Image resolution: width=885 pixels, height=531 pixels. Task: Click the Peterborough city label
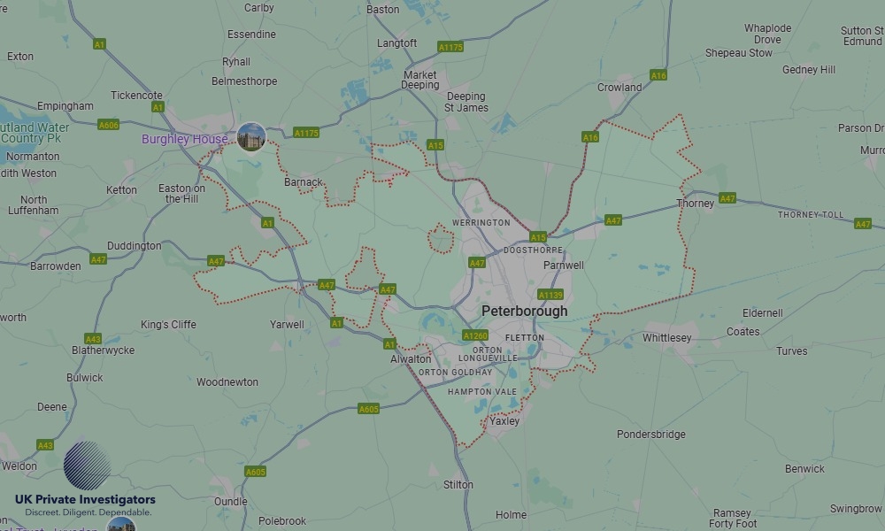point(525,312)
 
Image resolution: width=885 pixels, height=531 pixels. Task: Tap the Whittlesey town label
point(666,338)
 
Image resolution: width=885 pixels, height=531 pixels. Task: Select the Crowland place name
point(619,88)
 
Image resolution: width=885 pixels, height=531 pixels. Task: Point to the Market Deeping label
point(420,81)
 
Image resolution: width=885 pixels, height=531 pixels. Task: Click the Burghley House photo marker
point(251,137)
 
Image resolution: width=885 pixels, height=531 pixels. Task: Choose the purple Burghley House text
point(184,140)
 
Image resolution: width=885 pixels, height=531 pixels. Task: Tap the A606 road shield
point(108,125)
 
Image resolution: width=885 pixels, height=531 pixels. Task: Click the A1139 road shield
point(550,295)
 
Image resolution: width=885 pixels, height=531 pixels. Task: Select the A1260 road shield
point(475,335)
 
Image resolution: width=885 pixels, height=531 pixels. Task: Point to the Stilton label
point(458,485)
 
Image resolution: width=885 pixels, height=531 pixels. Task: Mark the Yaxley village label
point(505,421)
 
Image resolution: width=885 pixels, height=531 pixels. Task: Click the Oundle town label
point(231,501)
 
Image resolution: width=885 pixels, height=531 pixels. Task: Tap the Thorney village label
point(695,204)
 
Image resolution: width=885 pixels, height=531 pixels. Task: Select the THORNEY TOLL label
point(811,215)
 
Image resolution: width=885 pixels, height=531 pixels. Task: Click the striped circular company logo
point(87,466)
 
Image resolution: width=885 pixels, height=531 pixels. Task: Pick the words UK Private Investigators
point(85,500)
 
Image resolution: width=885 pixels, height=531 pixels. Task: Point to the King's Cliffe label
point(168,325)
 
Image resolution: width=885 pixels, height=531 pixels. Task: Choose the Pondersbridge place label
point(651,435)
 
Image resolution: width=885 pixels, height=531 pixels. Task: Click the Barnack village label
point(304,182)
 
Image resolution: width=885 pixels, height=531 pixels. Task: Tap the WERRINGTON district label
point(481,222)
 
